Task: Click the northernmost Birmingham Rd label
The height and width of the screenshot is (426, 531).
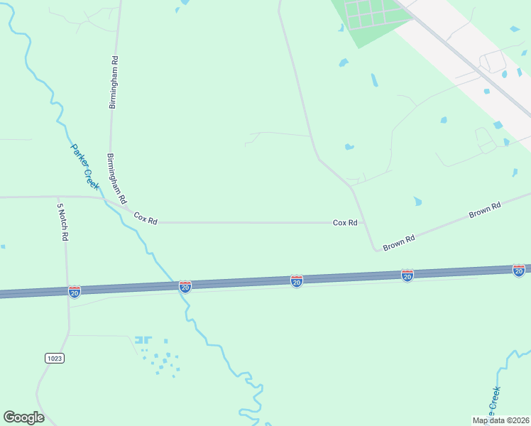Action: (x=112, y=82)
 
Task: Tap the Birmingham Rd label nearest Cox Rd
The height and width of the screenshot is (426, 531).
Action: (x=116, y=177)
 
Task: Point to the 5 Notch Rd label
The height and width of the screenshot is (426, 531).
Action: (x=62, y=222)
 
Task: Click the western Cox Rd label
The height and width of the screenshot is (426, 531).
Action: (x=145, y=218)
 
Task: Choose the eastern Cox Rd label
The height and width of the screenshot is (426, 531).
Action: (x=345, y=222)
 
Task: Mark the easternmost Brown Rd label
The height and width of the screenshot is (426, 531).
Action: (x=485, y=210)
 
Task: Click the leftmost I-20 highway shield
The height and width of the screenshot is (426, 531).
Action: (x=75, y=291)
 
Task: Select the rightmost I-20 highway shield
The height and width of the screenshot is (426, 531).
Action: (x=519, y=270)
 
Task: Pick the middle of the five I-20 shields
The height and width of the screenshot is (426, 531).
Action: (x=297, y=281)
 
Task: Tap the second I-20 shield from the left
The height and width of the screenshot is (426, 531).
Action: (x=185, y=286)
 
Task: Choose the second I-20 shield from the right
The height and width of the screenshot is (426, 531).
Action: (x=407, y=275)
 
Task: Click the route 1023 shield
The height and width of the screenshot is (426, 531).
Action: (x=55, y=358)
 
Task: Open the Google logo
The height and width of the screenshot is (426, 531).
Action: (x=23, y=417)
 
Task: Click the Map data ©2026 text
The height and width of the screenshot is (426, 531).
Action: (x=500, y=420)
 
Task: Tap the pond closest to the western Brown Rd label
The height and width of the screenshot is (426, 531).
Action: (x=417, y=202)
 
